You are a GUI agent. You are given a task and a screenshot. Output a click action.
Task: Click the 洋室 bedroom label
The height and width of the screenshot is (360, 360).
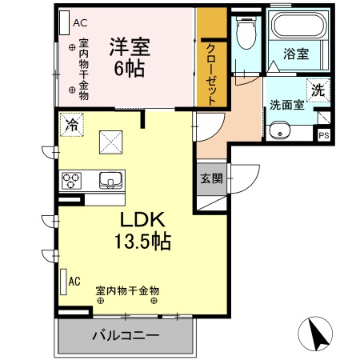tap(130, 47)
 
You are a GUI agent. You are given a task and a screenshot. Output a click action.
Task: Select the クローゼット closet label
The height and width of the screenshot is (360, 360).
tap(211, 74)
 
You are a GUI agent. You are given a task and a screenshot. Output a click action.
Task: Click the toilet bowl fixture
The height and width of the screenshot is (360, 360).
tap(246, 31)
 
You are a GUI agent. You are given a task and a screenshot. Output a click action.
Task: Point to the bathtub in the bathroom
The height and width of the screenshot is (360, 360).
tap(299, 26)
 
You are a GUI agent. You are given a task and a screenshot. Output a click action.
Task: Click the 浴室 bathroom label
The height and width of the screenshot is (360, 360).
tap(296, 54)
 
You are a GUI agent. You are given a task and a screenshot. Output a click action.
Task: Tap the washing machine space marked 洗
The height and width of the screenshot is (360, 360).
tap(318, 90)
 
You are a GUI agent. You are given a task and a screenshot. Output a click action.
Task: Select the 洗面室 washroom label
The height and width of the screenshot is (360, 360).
tap(287, 105)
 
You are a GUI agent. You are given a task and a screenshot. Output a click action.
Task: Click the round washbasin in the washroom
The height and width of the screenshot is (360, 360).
tap(280, 131)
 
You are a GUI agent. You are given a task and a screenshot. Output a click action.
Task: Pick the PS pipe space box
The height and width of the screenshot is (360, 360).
tap(324, 135)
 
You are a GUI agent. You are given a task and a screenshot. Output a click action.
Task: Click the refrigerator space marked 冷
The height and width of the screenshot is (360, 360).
tap(72, 125)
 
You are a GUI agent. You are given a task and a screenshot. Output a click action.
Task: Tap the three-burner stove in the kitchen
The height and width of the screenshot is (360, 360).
tap(71, 181)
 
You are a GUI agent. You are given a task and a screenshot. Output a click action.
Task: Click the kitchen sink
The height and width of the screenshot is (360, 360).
tap(110, 180)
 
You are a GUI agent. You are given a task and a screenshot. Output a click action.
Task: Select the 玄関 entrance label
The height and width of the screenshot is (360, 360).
tap(211, 178)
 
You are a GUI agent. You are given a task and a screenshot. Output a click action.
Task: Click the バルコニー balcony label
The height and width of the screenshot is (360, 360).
tap(126, 335)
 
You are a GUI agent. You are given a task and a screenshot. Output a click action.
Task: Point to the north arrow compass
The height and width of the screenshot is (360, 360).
tap(315, 334)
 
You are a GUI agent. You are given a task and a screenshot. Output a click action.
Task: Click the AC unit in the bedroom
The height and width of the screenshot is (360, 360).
tap(65, 22)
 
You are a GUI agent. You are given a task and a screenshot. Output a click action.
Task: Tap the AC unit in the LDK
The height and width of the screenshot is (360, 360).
tap(63, 282)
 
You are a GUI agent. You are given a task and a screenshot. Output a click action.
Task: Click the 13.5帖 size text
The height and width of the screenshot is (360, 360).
tap(142, 241)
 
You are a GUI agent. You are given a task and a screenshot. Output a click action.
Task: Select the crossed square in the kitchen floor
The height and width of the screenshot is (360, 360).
tap(111, 142)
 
